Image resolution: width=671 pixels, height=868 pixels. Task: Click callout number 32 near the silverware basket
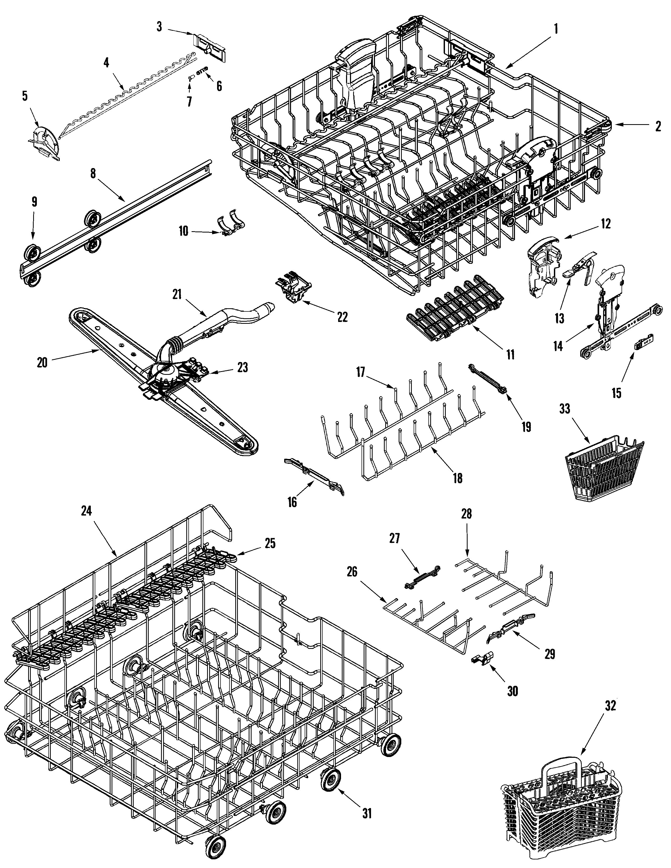[610, 706]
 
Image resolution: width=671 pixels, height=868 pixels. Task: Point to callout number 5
[25, 96]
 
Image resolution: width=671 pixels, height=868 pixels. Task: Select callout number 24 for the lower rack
[86, 512]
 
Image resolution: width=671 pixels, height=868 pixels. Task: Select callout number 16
[292, 502]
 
